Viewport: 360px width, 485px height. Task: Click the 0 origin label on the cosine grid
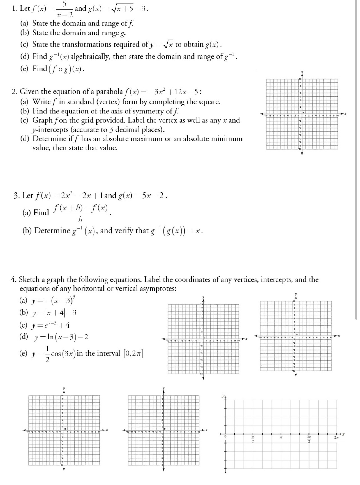pyautogui.click(x=225, y=437)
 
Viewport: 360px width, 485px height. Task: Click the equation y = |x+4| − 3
pyautogui.click(x=54, y=312)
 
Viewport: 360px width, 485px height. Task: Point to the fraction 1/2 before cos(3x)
pyautogui.click(x=48, y=354)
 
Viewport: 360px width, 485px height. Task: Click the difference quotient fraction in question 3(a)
pyautogui.click(x=81, y=213)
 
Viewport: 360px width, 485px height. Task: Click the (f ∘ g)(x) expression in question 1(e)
pyautogui.click(x=66, y=69)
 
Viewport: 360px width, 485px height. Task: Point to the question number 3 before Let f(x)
pyautogui.click(x=16, y=196)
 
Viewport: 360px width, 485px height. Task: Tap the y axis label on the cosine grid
pyautogui.click(x=223, y=396)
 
